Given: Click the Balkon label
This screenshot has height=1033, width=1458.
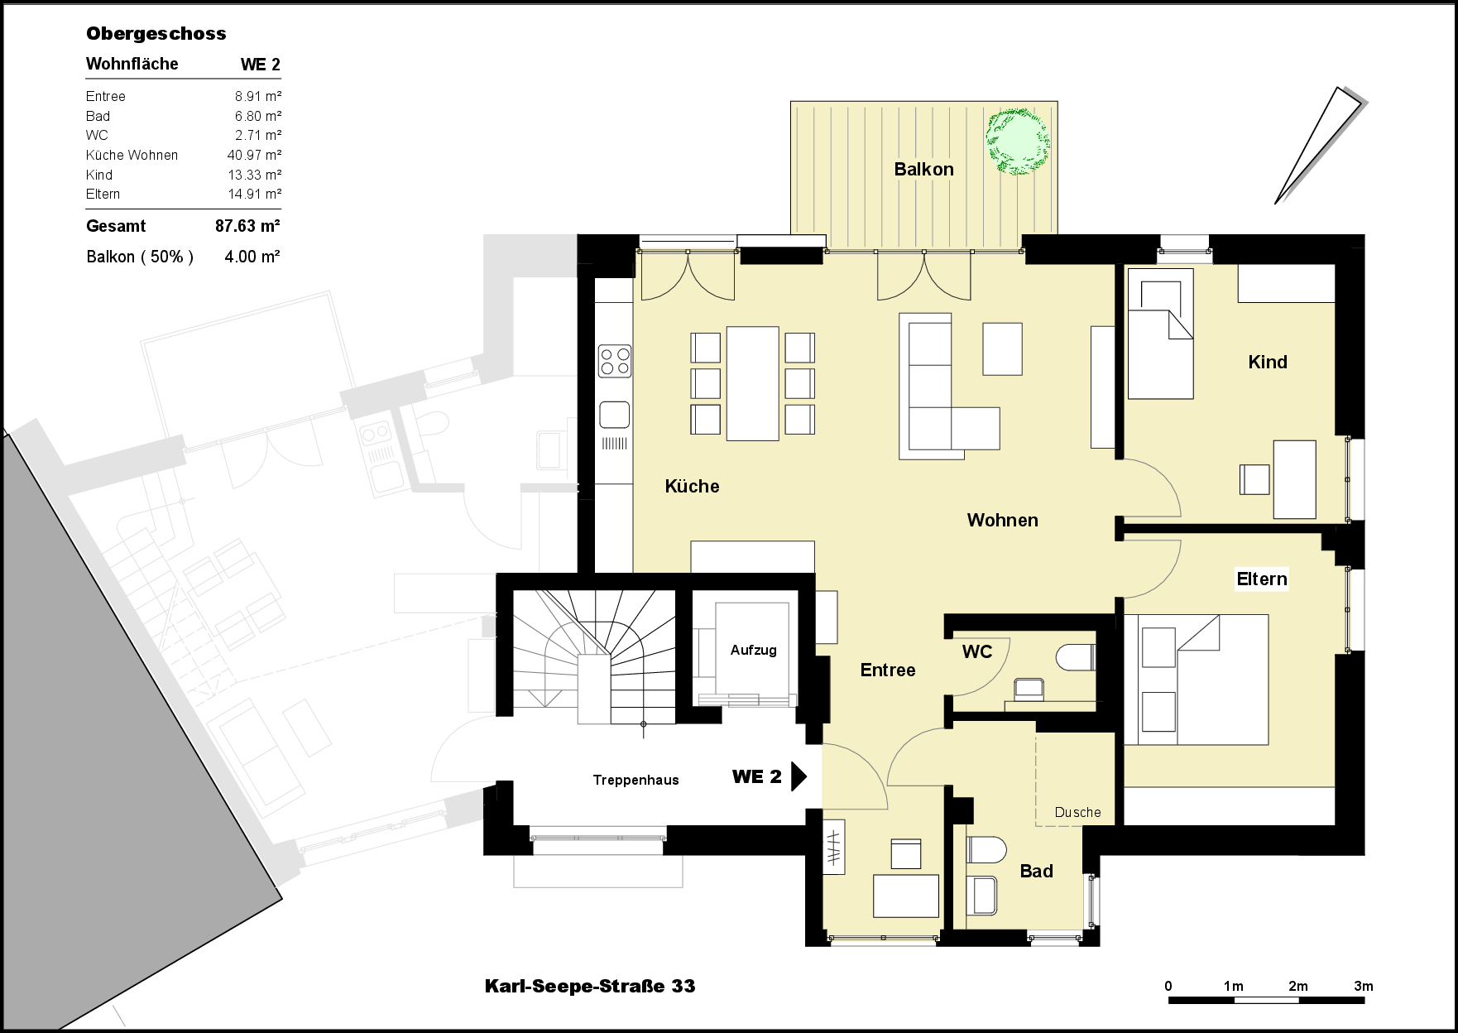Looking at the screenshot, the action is coord(923,170).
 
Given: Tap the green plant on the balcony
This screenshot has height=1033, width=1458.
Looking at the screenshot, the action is coord(1017,142).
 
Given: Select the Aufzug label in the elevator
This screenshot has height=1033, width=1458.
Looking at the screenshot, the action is coord(753,651).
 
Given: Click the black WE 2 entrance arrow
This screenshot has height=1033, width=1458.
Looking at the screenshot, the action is coord(799,776).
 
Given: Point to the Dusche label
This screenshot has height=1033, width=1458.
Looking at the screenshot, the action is coord(1077,813).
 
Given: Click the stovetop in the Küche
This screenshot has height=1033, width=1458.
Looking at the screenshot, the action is coord(615,362).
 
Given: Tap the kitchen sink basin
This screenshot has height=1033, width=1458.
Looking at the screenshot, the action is coord(614,414).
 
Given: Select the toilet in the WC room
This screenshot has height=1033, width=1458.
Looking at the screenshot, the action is coord(1075,658).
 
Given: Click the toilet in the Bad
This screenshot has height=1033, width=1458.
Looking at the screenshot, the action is coord(986,849).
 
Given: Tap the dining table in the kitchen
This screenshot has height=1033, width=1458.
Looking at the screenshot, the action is coord(752,383).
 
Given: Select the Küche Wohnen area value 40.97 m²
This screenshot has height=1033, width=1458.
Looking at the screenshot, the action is coord(254,156).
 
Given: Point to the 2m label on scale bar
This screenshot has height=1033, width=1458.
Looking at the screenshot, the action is coord(1298,986).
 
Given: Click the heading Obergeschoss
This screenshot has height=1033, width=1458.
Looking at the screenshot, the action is coord(156,34).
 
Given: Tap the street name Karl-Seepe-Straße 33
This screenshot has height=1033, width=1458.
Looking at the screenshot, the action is coord(590,986).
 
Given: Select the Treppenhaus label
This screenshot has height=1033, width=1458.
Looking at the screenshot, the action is coord(635,780).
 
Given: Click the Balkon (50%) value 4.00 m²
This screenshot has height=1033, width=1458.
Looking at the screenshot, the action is coord(252,257).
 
